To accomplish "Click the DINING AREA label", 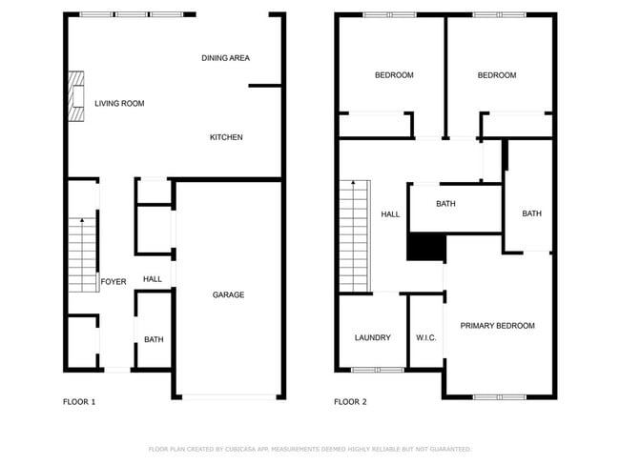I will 226,58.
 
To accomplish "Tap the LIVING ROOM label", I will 119,103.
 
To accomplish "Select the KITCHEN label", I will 226,137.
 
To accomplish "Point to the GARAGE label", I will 228,294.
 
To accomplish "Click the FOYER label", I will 114,281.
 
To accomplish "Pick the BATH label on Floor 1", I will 154,339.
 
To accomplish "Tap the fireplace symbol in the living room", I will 75,98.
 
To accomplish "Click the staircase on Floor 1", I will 83,252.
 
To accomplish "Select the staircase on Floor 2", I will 354,235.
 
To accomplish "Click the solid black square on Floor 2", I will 426,247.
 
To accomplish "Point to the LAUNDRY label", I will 372,337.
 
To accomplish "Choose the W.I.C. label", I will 426,337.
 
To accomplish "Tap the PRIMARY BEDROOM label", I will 497,326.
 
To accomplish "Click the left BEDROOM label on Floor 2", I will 394,75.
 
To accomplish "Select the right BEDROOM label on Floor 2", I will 497,75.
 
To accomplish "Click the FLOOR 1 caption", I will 79,401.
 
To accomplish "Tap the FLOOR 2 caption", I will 350,401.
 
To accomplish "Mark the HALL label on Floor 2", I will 390,214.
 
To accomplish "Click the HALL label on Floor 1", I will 153,278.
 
